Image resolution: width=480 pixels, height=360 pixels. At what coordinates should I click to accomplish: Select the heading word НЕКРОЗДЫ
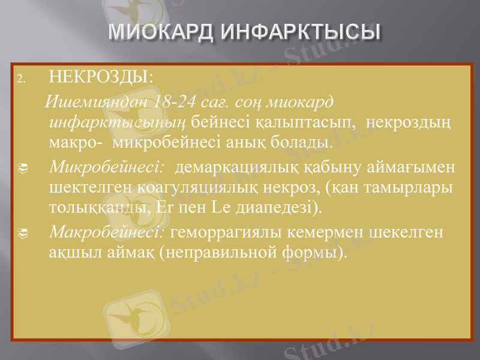click(100, 77)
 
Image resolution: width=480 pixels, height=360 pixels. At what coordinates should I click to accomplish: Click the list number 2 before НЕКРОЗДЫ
click(20, 79)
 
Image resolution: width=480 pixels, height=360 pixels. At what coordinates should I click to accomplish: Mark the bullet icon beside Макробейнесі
click(20, 232)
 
